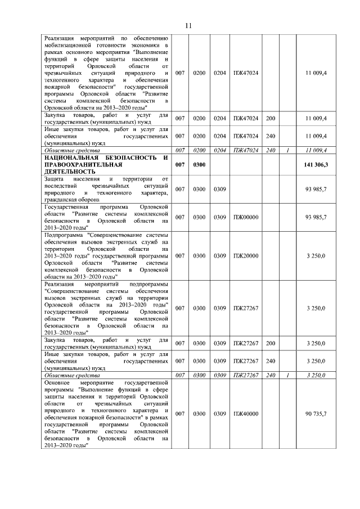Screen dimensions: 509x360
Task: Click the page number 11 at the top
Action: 188,25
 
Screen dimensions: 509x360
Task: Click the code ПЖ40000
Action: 245,414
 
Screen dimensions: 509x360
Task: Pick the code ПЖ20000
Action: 245,256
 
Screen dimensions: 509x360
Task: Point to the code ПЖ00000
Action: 245,217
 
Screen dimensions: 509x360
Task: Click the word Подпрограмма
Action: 64,236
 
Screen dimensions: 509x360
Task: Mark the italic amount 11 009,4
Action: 317,150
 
